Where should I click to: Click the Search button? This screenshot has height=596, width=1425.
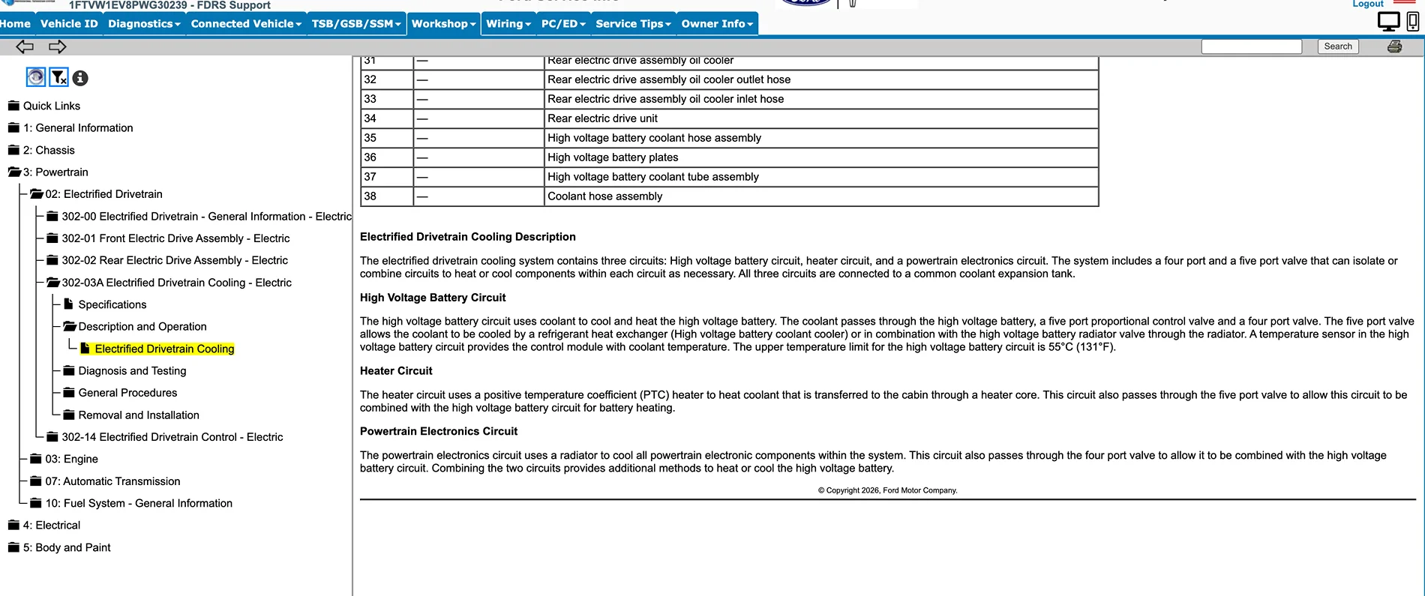click(x=1337, y=46)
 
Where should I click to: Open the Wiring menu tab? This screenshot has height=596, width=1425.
click(x=508, y=24)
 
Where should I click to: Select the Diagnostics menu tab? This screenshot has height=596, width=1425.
click(x=144, y=24)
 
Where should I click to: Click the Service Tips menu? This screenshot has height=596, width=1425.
click(x=633, y=24)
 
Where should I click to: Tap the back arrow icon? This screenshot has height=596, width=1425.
click(x=25, y=47)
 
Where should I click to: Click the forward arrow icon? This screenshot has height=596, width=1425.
click(x=58, y=47)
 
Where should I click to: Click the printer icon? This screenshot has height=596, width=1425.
click(x=1394, y=46)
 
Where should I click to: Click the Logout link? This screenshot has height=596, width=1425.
click(x=1367, y=4)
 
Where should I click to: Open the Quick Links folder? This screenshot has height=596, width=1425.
click(x=51, y=106)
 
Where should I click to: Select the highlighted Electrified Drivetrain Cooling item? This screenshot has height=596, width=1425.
click(x=164, y=349)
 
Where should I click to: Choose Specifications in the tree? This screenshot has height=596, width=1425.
click(x=112, y=304)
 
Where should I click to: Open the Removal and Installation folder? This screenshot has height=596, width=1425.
click(x=139, y=415)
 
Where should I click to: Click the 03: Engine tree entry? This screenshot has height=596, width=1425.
click(x=71, y=459)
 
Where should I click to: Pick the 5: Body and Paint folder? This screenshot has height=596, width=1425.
click(x=67, y=547)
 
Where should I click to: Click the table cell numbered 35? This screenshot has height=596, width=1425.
click(x=370, y=138)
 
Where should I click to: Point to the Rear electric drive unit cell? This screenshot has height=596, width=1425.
click(x=602, y=118)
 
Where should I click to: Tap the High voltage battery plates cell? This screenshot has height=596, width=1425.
click(x=613, y=157)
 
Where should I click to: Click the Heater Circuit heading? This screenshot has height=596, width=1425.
click(x=396, y=370)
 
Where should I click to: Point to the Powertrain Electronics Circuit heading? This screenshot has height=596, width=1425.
click(x=439, y=431)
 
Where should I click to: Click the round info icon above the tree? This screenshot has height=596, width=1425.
click(x=80, y=78)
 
